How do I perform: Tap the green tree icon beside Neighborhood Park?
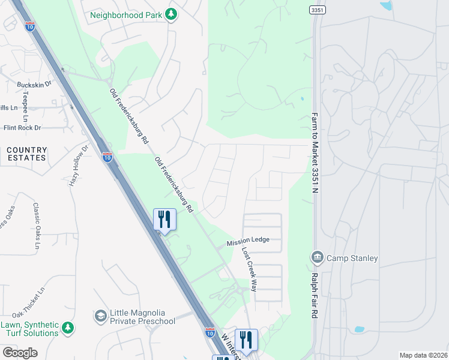point(172,13)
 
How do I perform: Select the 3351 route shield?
point(318,10)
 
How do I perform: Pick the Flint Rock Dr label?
point(22,128)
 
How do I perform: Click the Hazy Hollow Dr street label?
point(78,165)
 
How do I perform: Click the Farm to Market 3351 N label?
point(314,154)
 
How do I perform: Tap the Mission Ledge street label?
point(248,241)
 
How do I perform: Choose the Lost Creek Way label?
point(249,269)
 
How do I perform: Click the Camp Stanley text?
point(352,259)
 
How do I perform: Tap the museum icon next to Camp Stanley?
point(317,258)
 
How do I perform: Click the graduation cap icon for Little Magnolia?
point(100,316)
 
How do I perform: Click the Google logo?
point(20,353)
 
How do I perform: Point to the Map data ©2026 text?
point(423,355)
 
